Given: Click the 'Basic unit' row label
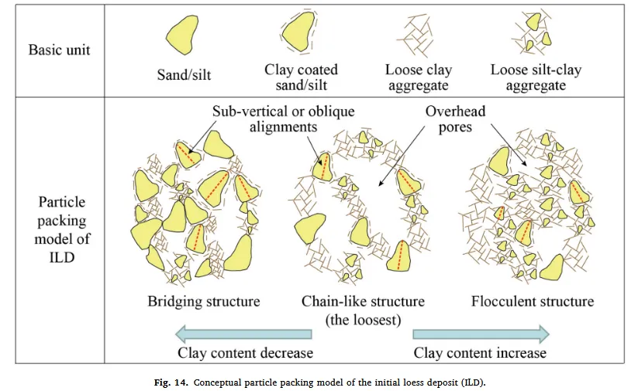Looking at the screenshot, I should [x=60, y=50].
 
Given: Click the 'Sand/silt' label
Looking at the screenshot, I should [x=184, y=76].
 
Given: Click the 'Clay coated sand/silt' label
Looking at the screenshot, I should [x=301, y=77].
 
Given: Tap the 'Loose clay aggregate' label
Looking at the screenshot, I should [x=416, y=77].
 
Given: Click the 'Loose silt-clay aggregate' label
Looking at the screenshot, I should [x=536, y=77].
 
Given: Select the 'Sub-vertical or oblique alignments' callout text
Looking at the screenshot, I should [x=283, y=119].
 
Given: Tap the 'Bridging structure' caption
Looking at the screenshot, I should [x=204, y=300].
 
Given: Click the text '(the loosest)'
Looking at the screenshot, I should [x=364, y=317].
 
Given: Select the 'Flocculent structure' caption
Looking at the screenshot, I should [x=533, y=300].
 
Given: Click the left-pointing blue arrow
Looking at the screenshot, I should [x=243, y=334].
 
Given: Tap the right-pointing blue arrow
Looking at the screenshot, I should [x=481, y=334].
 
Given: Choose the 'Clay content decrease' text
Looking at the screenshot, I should [x=245, y=353].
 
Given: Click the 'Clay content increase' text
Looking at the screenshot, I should [x=480, y=353].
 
